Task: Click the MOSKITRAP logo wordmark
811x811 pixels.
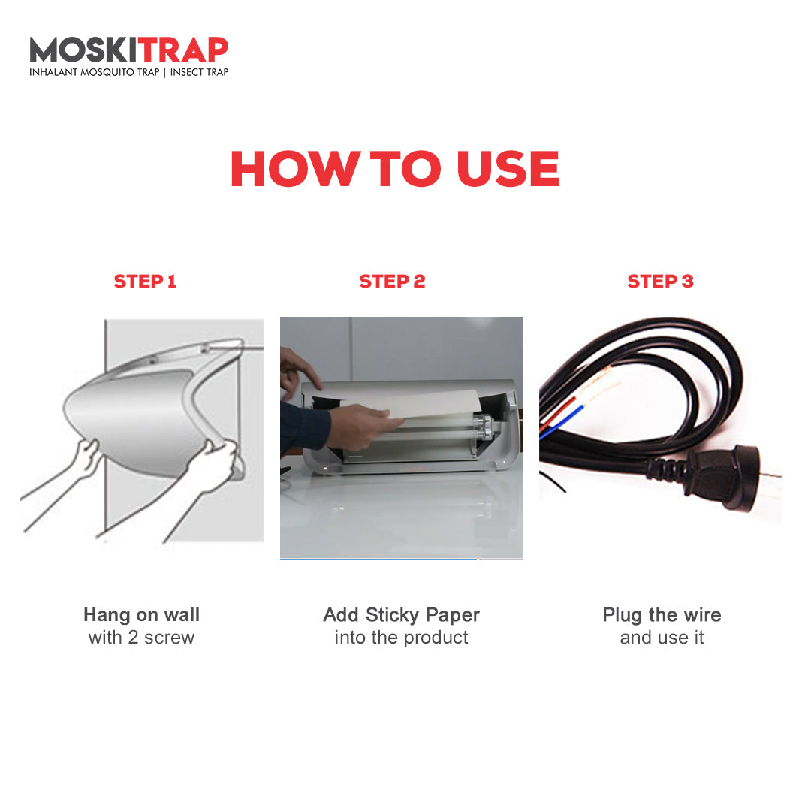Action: [x=129, y=50]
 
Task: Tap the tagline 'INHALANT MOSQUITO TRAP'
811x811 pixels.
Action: [x=94, y=72]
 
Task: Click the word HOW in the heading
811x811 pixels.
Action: [x=295, y=169]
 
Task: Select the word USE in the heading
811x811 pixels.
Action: [x=508, y=169]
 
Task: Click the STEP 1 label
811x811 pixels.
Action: [x=145, y=282]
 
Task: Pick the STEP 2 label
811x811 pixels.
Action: [x=392, y=282]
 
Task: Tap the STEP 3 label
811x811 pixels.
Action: [x=660, y=282]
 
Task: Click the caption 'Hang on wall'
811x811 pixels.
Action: [x=142, y=614]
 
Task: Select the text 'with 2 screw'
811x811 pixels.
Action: [x=141, y=638]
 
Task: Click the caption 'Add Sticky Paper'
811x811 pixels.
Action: [x=401, y=615]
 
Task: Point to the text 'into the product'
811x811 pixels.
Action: [x=401, y=638]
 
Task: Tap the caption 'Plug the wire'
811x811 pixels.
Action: [x=662, y=615]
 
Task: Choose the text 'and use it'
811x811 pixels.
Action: [x=662, y=638]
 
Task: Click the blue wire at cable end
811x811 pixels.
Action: [x=562, y=423]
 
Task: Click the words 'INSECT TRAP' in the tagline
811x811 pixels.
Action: [x=199, y=72]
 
